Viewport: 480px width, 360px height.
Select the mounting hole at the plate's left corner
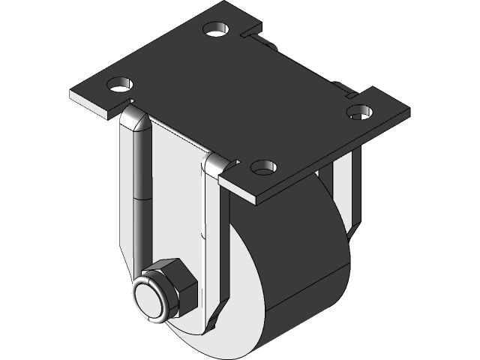coord(120,83)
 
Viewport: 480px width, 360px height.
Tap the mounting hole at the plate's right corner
coord(358,112)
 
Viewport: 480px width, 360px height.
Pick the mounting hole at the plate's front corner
coord(263,166)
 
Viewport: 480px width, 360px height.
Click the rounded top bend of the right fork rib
coord(213,163)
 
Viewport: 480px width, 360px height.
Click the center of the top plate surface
coord(240,97)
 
